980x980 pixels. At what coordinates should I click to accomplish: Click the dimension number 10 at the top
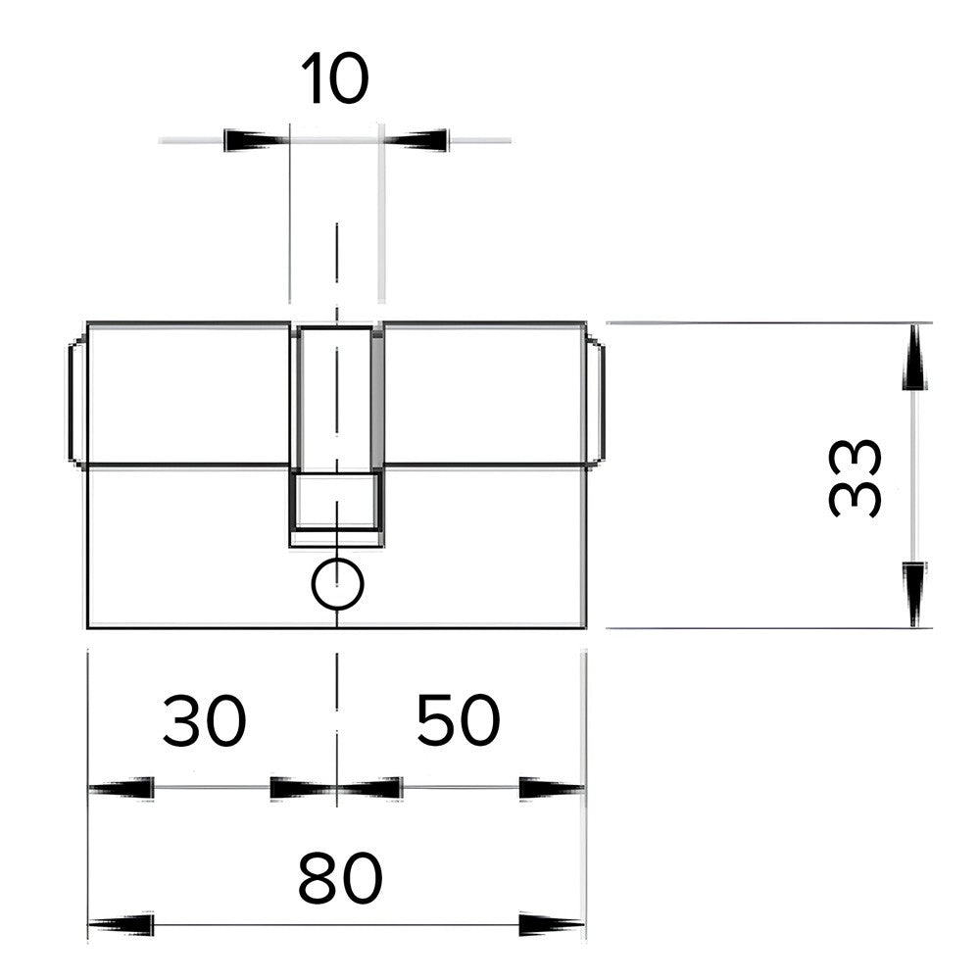335,79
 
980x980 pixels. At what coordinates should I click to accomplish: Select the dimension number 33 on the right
855,478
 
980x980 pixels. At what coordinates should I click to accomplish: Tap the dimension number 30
205,720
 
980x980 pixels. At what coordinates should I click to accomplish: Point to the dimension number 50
458,720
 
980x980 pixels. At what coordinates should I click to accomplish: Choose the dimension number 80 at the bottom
340,877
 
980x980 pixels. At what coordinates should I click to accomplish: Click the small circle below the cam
337,584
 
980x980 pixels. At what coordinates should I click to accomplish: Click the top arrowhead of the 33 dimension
914,357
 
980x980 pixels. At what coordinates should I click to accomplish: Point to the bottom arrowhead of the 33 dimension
914,595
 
